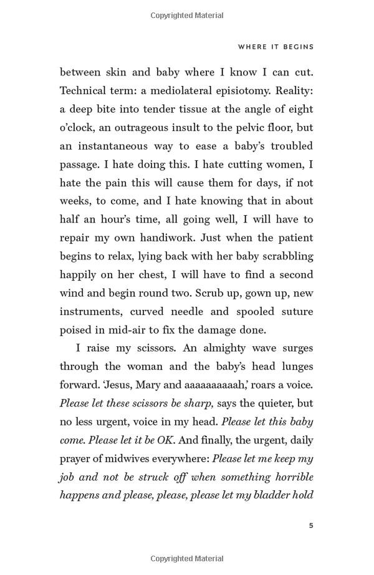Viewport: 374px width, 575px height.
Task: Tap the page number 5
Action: point(311,526)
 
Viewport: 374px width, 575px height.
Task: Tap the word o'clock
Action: point(80,127)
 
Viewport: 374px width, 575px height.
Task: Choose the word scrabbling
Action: point(284,256)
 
